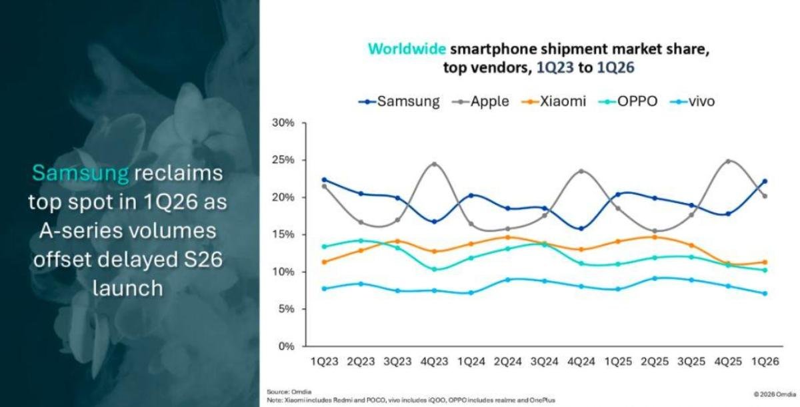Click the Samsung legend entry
(399, 102)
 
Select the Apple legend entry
(480, 102)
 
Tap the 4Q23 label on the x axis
(435, 361)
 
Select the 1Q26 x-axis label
(765, 361)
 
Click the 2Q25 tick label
(655, 361)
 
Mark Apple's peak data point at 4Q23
(435, 164)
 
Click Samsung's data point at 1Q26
(765, 181)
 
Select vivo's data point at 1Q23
(325, 288)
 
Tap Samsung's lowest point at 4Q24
(581, 228)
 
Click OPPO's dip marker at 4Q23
(435, 269)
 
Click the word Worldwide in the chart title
(407, 49)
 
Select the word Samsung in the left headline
(80, 173)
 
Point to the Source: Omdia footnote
(289, 391)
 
